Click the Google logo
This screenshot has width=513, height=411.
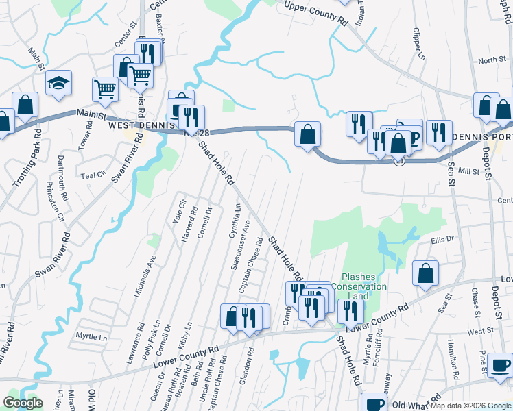(23, 403)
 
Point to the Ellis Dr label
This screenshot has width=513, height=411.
(443, 240)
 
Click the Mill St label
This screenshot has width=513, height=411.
(468, 171)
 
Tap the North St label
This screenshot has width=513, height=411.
(492, 61)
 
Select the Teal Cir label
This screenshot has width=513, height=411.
(94, 174)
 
